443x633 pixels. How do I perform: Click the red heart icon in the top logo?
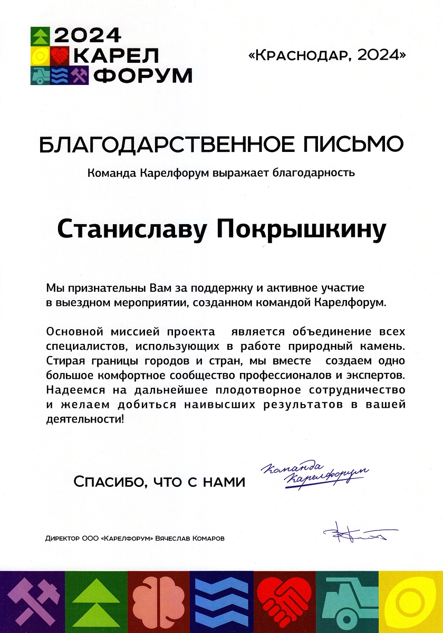click(x=59, y=54)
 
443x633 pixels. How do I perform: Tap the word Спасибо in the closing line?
click(x=107, y=481)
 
